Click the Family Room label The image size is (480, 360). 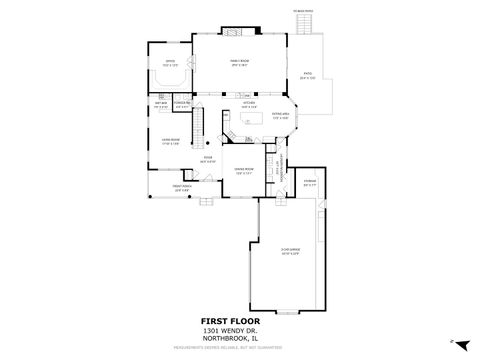239,63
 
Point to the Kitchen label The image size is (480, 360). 249,103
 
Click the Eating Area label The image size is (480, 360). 282,117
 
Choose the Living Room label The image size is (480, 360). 171,140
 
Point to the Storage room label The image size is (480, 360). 310,182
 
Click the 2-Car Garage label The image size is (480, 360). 290,252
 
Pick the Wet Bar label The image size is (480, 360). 160,104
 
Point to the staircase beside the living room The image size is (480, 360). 200,125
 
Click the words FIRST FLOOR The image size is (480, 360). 241,322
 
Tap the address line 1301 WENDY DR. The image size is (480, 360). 240,331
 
